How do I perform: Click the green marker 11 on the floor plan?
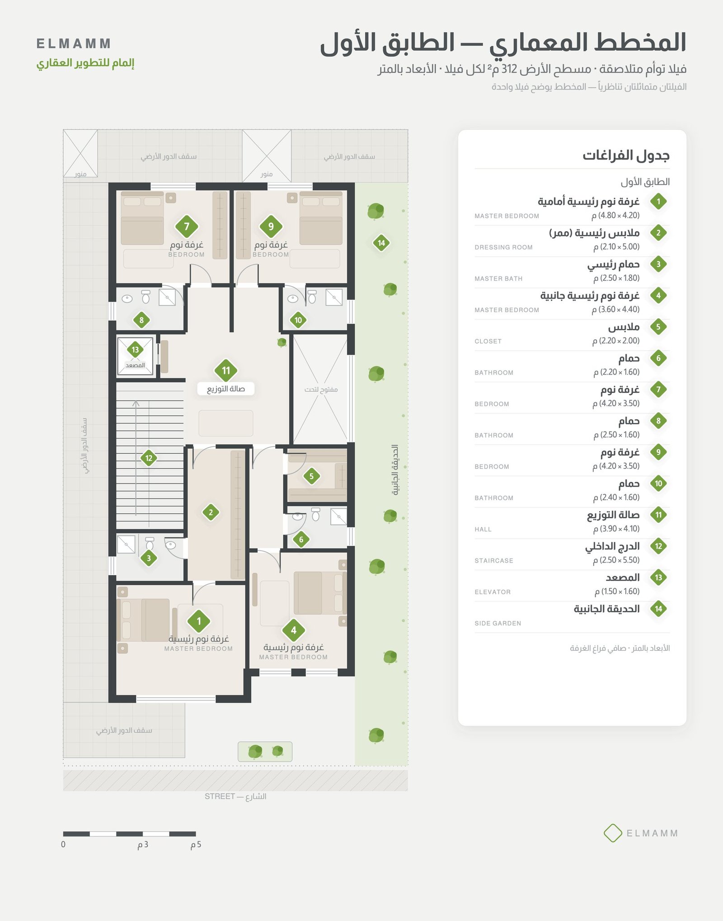(226, 371)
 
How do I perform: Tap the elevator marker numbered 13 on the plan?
(135, 349)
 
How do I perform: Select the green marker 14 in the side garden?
(381, 243)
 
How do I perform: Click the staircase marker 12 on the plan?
(149, 458)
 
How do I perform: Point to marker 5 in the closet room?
(311, 476)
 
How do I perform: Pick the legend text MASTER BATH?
(498, 279)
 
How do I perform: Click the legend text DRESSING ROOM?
(503, 247)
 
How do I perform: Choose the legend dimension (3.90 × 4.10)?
(616, 529)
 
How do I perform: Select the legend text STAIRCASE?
(494, 561)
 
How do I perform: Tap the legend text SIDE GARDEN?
(498, 623)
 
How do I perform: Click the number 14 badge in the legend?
(658, 609)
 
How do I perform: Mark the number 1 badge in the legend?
(658, 202)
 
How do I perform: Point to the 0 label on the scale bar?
(63, 844)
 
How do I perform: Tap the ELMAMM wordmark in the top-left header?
(74, 44)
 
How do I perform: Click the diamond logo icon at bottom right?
(613, 833)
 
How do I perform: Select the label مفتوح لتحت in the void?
(321, 390)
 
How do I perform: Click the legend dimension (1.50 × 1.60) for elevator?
(617, 592)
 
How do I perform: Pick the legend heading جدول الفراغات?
(626, 155)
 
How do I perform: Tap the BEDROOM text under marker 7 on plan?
(186, 255)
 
